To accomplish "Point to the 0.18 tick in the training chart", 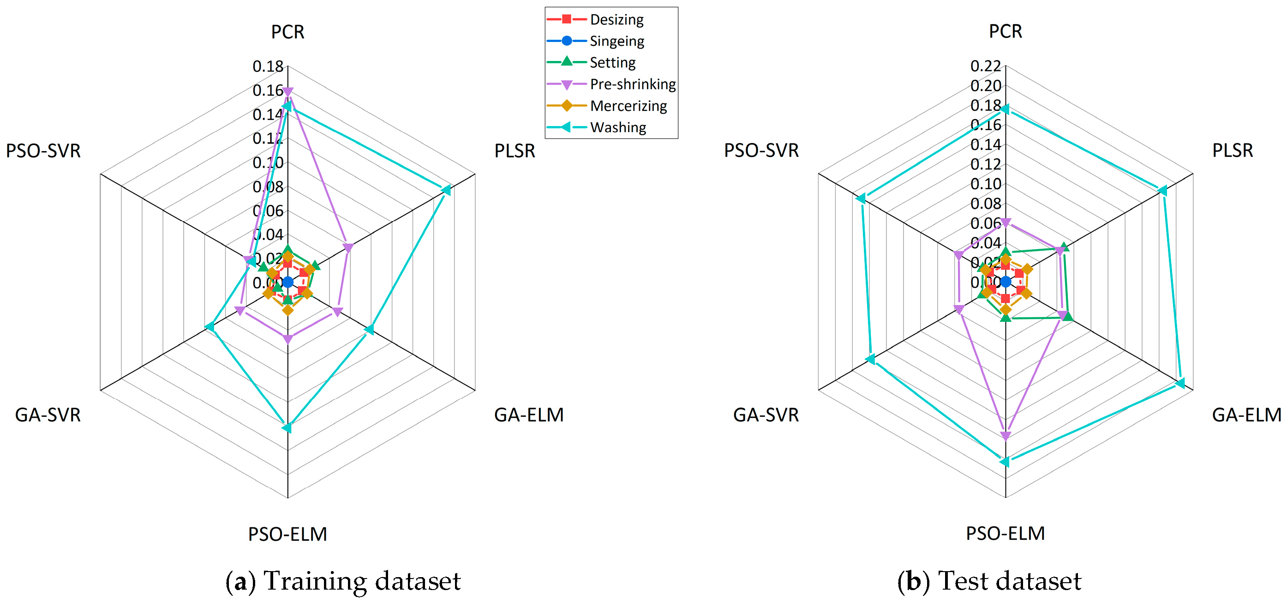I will click(268, 66).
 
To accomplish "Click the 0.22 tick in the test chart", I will click(985, 66).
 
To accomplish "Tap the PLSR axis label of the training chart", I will click(515, 151).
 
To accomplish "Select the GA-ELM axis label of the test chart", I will click(1246, 415).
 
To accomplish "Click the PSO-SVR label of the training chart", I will click(43, 151).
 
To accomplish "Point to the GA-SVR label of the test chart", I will click(766, 415).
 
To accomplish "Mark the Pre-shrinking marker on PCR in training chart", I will click(288, 91).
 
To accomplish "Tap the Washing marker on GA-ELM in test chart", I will click(1179, 384).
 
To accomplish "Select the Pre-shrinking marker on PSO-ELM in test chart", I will click(1006, 436).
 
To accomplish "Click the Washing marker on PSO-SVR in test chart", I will click(860, 199).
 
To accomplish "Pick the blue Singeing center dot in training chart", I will click(288, 283).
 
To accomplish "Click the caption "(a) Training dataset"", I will click(343, 581).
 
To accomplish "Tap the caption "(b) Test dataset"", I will click(989, 581).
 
